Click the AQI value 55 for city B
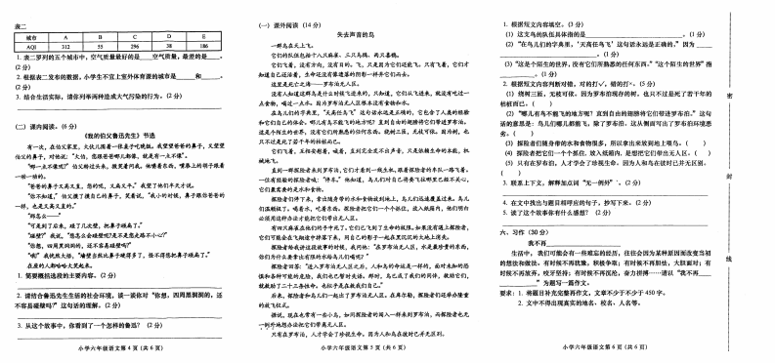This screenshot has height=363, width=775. point(100,45)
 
